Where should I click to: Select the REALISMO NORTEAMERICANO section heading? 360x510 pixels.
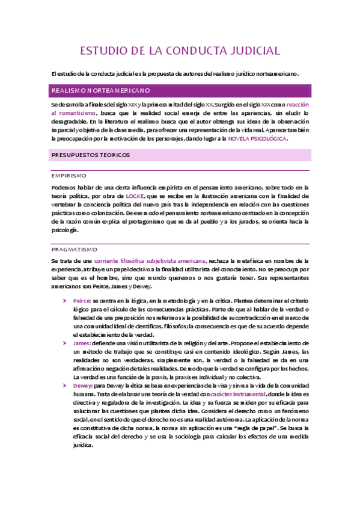click(100, 91)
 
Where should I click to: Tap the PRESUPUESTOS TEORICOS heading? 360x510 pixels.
click(90, 155)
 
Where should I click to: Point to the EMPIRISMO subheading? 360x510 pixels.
click(69, 176)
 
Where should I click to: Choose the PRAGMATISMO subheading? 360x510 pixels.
click(75, 248)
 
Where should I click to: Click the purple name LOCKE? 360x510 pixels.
click(135, 196)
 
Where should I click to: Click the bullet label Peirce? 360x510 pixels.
click(81, 300)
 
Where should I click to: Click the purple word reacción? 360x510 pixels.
click(298, 104)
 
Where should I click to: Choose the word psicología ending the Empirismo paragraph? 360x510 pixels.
click(66, 230)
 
